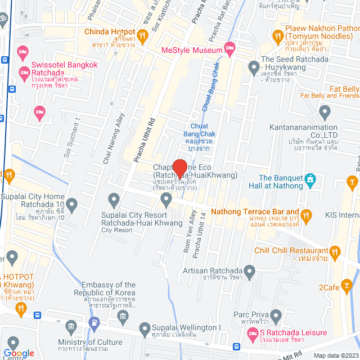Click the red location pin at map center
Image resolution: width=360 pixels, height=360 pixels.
pos(179,168)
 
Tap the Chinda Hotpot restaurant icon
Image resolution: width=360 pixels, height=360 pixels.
pos(143,37)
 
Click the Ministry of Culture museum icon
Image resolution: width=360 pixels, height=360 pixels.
pos(71,327)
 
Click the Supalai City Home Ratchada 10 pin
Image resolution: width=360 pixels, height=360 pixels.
pos(71,188)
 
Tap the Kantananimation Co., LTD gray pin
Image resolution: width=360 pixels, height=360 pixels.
pos(324,112)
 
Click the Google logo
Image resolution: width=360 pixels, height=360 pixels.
pos(19,353)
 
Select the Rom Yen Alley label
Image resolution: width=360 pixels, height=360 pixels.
pos(188,231)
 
